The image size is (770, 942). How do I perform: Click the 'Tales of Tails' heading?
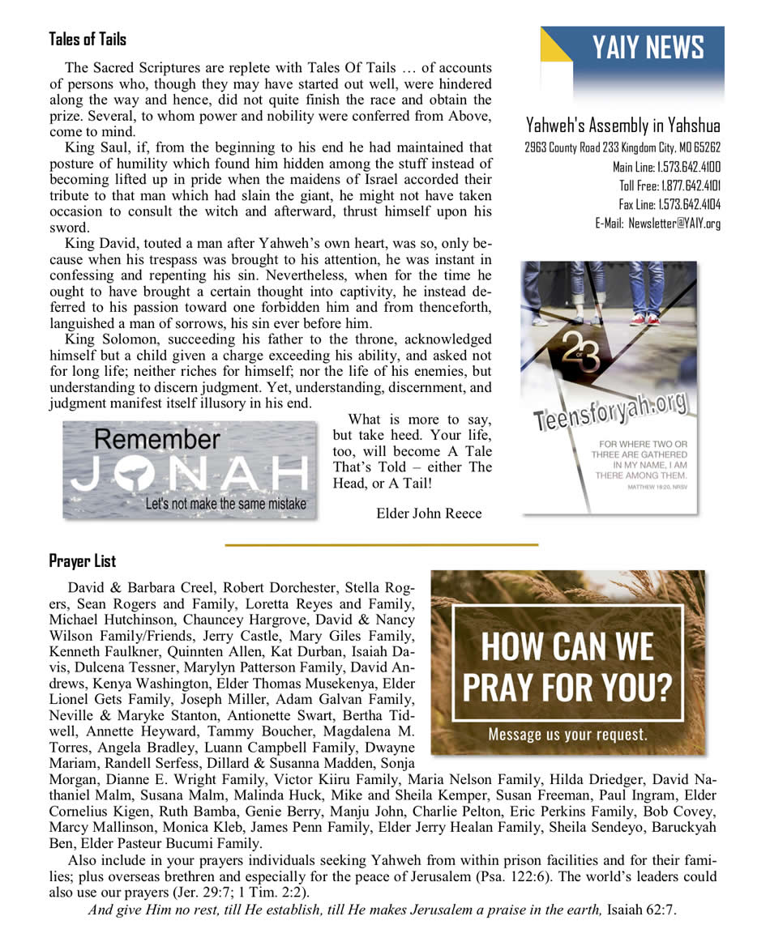tap(88, 39)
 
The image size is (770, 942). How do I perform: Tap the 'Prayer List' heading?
tap(82, 561)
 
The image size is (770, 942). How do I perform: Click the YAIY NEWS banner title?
tap(648, 49)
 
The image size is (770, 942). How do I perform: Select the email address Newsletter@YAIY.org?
tap(680, 224)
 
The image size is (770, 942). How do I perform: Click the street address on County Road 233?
tap(622, 147)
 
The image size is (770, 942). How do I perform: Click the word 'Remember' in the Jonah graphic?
tap(156, 440)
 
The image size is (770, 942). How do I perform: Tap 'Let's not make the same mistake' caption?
tap(226, 504)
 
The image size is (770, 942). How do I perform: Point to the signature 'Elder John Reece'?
tap(429, 514)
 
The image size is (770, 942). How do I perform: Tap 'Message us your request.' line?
tap(567, 735)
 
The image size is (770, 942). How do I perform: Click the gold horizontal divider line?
tap(381, 545)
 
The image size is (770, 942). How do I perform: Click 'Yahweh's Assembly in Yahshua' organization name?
tap(622, 126)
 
